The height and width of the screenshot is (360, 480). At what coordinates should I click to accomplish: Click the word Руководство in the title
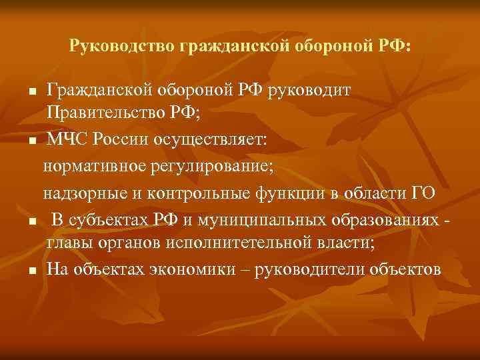tap(120, 47)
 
